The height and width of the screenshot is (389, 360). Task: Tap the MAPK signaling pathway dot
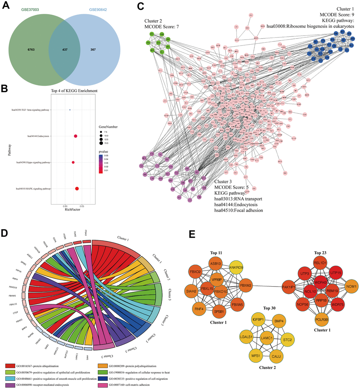point(77,189)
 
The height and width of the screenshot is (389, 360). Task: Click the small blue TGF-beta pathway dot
point(70,110)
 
